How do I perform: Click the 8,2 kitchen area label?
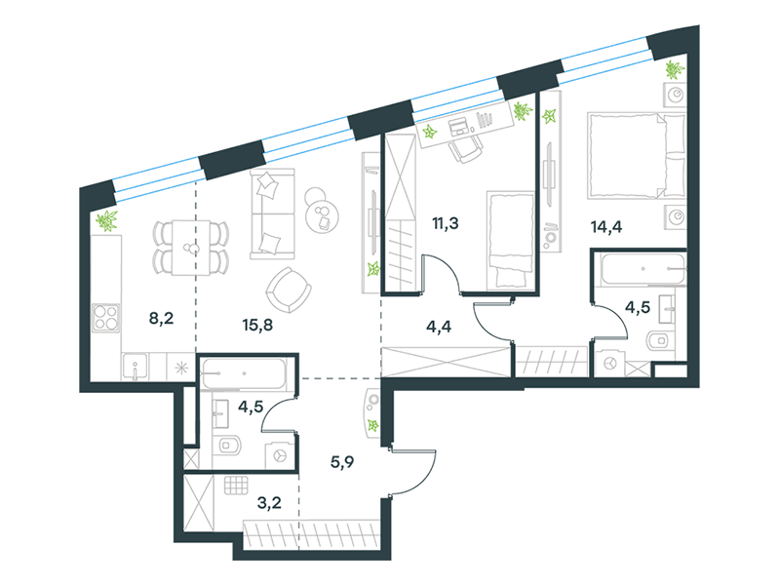tap(161, 318)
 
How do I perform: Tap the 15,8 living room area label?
tap(257, 326)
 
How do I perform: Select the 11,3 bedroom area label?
tap(446, 224)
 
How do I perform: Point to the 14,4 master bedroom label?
tap(606, 227)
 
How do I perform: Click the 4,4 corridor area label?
tap(439, 327)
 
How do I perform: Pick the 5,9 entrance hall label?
tap(342, 462)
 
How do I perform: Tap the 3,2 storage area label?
tap(269, 503)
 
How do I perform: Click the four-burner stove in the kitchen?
tap(106, 318)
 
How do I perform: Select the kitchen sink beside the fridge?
tap(135, 367)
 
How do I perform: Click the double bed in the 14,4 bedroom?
tap(637, 155)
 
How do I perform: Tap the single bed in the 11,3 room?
tap(510, 240)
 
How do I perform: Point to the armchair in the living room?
tap(289, 290)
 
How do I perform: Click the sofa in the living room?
tap(273, 214)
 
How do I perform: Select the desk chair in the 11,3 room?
tap(465, 149)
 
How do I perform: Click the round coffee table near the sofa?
tap(323, 216)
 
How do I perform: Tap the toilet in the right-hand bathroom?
tap(660, 340)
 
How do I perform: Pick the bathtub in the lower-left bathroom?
tap(244, 373)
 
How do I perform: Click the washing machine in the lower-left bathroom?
tap(279, 455)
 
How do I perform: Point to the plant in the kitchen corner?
tap(106, 221)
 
